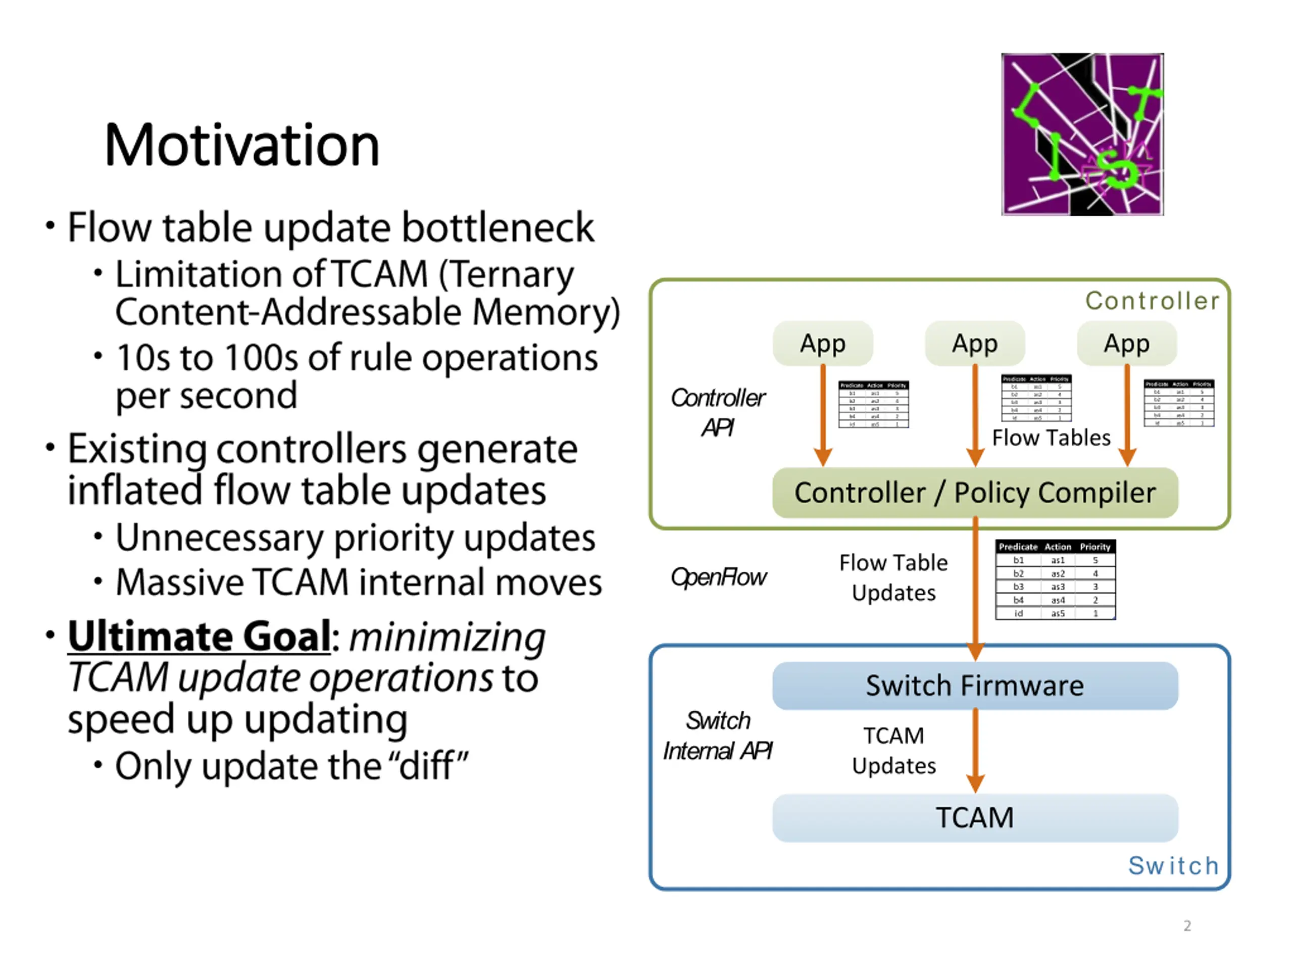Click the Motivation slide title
point(242,145)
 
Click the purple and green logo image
point(1082,134)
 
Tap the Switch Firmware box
point(974,685)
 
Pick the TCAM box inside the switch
point(974,817)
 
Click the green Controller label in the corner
point(1152,301)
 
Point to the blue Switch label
point(1173,865)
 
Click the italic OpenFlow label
point(718,577)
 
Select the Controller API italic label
point(718,413)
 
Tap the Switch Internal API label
point(718,736)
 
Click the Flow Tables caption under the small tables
point(1051,438)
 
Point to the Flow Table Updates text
point(893,577)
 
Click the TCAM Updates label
point(893,751)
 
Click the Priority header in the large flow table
point(1095,547)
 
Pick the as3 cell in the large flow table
point(1058,587)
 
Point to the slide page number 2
point(1187,926)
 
